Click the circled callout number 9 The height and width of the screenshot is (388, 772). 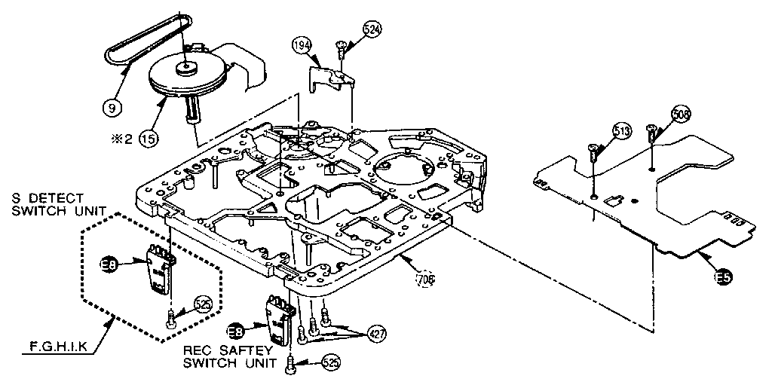pyautogui.click(x=112, y=107)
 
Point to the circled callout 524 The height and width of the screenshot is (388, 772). pyautogui.click(x=372, y=29)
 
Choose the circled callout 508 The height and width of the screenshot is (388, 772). pyautogui.click(x=682, y=115)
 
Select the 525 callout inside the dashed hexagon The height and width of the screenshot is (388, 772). pyautogui.click(x=203, y=305)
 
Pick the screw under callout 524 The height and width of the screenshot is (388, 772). pyautogui.click(x=341, y=50)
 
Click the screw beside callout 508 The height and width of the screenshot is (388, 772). pyautogui.click(x=651, y=136)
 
